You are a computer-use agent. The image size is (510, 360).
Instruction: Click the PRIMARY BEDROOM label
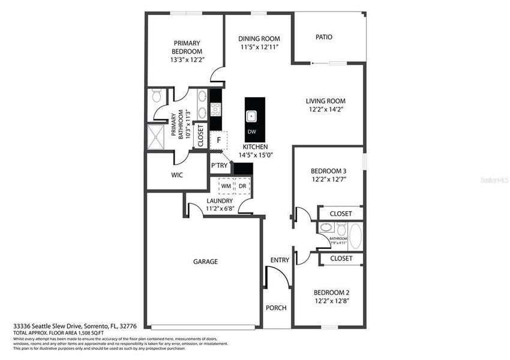coord(187,47)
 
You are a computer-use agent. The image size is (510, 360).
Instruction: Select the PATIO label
coord(324,37)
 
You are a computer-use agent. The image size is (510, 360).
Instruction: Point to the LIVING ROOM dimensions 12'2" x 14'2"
coord(326,109)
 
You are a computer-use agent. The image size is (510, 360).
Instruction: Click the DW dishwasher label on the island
coord(251,131)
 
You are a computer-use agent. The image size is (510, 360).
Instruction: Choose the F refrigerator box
coord(219,140)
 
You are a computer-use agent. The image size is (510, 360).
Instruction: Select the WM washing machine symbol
coord(226,186)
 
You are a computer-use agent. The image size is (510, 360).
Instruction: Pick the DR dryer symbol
coord(242,186)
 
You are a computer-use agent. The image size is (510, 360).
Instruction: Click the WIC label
coord(176,175)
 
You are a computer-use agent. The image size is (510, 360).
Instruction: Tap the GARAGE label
coord(205,262)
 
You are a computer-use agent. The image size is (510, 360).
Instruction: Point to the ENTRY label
coord(280,260)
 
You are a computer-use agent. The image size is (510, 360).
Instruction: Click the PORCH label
coord(276,308)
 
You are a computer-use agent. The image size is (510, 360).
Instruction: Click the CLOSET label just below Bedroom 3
coord(341,213)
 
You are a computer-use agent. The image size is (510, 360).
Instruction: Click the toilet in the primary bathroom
coord(157,96)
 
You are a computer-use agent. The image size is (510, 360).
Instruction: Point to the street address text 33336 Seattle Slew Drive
coord(53,326)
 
